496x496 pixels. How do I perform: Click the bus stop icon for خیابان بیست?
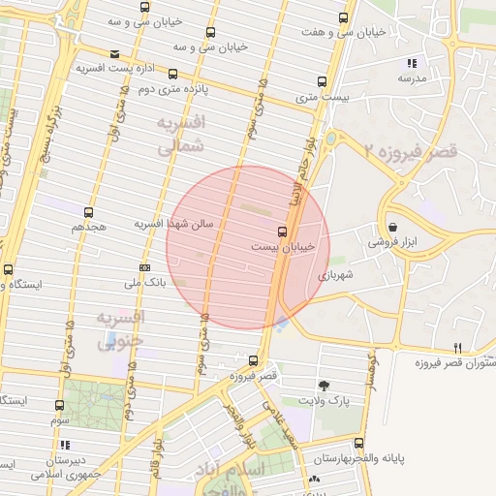click(x=282, y=231)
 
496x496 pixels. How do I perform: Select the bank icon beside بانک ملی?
click(x=144, y=267)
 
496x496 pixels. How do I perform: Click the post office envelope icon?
click(x=115, y=53)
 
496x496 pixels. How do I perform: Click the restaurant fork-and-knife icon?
click(x=457, y=348)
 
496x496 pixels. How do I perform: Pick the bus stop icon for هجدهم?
click(x=89, y=211)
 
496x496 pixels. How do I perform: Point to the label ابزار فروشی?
click(x=390, y=242)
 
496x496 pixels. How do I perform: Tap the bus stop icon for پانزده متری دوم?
click(x=172, y=74)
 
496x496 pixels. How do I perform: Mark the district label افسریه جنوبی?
click(x=121, y=329)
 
